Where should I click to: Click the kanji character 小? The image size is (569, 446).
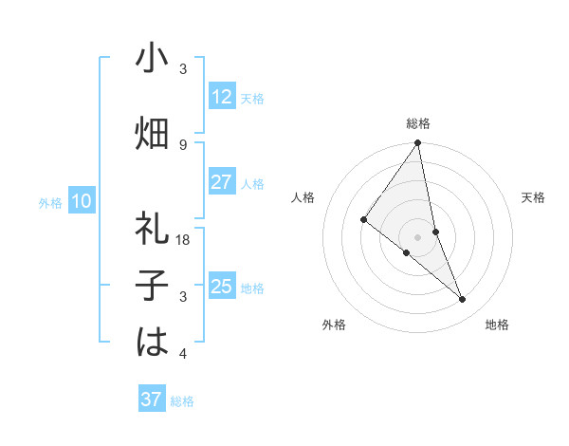152,59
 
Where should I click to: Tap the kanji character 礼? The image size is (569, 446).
152,228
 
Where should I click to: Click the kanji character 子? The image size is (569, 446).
152,286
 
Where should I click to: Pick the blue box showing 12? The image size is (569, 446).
222,97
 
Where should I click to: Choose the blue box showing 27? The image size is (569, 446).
222,182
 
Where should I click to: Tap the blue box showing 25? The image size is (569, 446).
222,287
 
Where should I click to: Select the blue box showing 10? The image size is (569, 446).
82,201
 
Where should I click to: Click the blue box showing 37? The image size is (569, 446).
152,400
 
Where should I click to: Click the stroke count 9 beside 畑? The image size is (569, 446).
183,144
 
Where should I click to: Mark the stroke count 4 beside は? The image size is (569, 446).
183,354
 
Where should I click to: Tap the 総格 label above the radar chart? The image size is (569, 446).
418,123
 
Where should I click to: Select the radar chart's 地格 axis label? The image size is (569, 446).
497,325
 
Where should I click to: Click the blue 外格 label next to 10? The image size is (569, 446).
50,202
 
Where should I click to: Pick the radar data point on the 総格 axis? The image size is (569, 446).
418,143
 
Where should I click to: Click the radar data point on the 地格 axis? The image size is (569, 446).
463,300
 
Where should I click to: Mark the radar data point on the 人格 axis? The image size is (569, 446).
364,219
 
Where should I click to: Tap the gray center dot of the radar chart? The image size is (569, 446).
418,236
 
